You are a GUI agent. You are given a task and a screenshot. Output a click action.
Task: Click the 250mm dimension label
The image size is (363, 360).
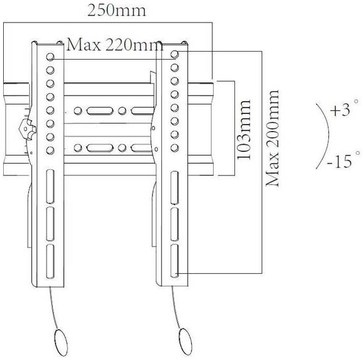coord(117,10)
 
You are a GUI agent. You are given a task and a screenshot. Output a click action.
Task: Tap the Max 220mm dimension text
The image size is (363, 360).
coord(115,45)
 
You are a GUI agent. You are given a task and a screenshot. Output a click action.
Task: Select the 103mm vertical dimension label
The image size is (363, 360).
coord(244,130)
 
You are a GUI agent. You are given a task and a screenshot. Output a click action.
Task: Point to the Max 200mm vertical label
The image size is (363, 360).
coord(272,138)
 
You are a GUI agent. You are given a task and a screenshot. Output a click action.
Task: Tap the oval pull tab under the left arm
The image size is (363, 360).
coord(61,342)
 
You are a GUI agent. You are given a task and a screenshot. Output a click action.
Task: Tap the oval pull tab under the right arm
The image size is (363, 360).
coord(186,341)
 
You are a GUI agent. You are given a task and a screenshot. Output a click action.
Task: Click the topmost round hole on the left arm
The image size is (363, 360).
coord(50,57)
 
